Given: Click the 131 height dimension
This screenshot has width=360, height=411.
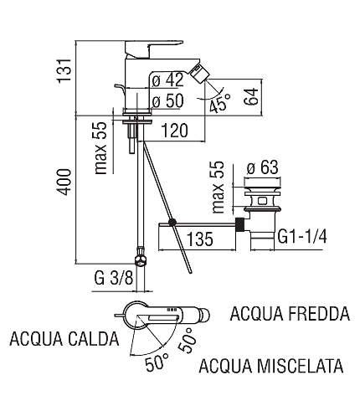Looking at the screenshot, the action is click(x=64, y=70).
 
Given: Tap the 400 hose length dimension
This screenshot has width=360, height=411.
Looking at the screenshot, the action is click(x=64, y=182).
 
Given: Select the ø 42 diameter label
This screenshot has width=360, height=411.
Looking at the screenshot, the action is click(x=168, y=80).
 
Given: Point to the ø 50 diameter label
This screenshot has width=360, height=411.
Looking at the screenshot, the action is click(x=168, y=100).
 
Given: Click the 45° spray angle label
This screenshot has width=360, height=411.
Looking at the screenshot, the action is click(x=220, y=103).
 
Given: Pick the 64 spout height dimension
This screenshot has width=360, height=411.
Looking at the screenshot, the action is click(x=251, y=96).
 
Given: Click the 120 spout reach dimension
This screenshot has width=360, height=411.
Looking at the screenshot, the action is click(x=175, y=131).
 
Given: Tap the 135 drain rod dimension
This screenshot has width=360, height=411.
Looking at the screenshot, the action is click(x=200, y=239).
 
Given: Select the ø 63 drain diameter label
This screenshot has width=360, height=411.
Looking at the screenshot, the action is click(x=263, y=167).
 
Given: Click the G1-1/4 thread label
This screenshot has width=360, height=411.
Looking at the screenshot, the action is click(x=302, y=238).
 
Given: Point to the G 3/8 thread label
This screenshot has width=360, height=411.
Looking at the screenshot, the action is click(x=114, y=278).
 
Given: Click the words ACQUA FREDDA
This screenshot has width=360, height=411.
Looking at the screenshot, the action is click(x=290, y=313).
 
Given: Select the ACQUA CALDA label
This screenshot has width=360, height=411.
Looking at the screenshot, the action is click(x=64, y=339).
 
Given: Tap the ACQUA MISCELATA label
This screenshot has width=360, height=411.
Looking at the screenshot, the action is click(x=271, y=366).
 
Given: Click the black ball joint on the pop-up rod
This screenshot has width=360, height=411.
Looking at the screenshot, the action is click(x=172, y=223).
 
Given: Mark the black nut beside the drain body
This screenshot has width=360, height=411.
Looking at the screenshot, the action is click(x=240, y=224).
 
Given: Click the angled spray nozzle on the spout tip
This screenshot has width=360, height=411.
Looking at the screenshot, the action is click(x=201, y=72).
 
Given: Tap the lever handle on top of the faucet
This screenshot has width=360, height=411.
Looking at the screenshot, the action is click(x=154, y=49).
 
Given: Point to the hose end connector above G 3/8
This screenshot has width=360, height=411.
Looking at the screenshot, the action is click(x=141, y=257).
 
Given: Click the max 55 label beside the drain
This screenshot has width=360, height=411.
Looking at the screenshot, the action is click(x=218, y=188).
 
